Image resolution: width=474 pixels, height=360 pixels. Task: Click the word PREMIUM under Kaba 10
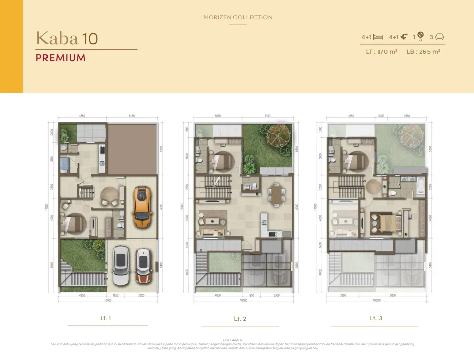61,58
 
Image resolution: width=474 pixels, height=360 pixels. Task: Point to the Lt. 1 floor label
106,318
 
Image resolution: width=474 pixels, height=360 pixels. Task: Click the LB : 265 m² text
423,51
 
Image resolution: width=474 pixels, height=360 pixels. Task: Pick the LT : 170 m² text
382,51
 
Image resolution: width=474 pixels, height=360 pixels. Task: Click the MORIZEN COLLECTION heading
238,17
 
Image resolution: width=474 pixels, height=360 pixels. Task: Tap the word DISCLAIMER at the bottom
233,340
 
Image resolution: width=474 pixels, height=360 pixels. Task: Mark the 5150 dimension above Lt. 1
131,116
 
